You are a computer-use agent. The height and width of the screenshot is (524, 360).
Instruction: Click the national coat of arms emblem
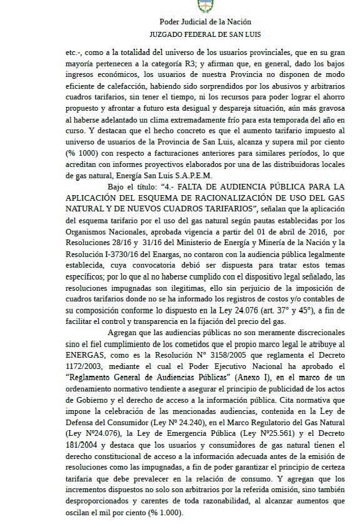pos(204,6)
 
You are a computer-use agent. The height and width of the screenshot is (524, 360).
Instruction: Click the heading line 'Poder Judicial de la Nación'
pos(204,23)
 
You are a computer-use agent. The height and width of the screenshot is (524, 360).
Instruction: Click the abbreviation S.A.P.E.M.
pos(196,174)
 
